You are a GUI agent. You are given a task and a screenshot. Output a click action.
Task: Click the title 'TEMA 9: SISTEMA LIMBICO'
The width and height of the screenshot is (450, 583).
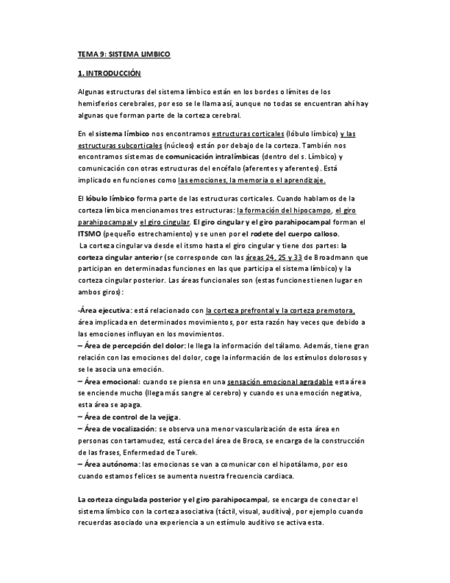[x=123, y=54]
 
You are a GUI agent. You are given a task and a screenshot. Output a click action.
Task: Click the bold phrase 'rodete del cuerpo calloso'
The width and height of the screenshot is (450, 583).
[x=297, y=234]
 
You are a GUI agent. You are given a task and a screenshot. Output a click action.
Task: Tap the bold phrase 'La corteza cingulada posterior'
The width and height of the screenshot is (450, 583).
[x=129, y=500]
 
